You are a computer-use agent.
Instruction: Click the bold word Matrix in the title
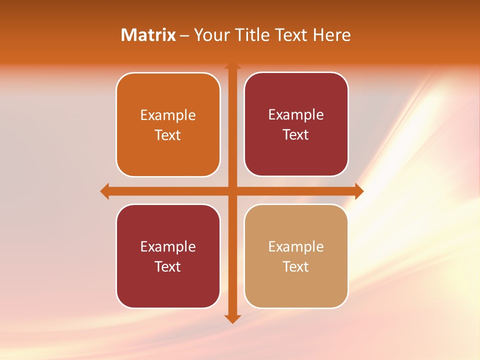pos(148,35)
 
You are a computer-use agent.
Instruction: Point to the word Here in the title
pos(332,35)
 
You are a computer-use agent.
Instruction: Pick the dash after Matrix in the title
pos(184,35)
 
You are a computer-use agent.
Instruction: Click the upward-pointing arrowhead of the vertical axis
pos(232,66)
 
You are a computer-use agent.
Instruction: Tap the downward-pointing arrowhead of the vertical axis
pos(232,318)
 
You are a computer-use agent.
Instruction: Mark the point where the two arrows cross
pos(232,191)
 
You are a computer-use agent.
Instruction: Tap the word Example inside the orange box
pos(168,115)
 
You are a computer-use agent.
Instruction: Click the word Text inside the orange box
pos(168,135)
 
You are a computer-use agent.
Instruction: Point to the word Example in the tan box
pos(296,246)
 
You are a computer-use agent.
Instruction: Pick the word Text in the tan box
pos(296,266)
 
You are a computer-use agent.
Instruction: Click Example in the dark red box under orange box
pos(168,246)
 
